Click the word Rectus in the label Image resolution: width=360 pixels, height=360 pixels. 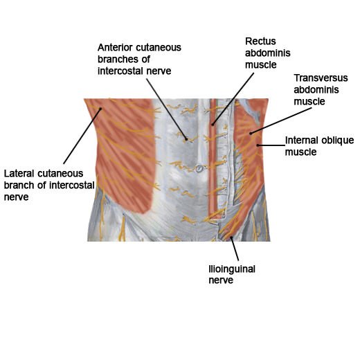tap(260, 42)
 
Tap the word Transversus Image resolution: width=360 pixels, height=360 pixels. tap(321, 78)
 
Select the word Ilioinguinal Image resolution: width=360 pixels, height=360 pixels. tap(232, 269)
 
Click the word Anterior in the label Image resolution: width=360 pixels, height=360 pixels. tap(115, 48)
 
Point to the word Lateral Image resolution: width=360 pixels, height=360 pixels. tap(19, 174)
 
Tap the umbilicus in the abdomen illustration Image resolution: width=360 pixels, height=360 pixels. tap(199, 169)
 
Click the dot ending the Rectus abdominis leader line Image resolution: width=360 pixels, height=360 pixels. tap(213, 125)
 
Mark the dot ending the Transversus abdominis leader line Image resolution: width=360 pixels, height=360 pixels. tap(251, 134)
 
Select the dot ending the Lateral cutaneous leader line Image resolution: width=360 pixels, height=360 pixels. tap(100, 109)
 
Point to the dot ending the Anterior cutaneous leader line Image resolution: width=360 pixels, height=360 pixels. tap(186, 139)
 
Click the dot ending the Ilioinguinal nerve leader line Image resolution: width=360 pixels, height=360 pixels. tap(231, 237)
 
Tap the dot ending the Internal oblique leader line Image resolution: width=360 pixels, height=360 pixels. tap(258, 145)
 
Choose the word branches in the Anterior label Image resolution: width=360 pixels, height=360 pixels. tap(118, 60)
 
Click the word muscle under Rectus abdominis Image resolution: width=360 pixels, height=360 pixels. tap(261, 65)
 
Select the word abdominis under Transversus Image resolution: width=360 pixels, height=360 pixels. tap(316, 90)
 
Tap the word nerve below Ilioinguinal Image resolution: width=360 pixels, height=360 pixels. tap(221, 280)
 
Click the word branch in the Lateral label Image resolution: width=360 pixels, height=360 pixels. tap(19, 186)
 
